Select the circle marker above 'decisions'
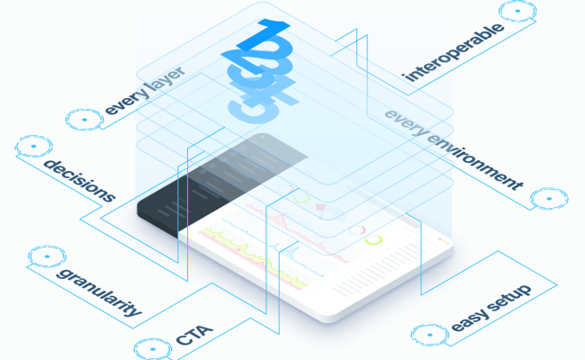(33, 145)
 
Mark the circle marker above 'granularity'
(41, 255)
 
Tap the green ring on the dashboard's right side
(375, 239)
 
